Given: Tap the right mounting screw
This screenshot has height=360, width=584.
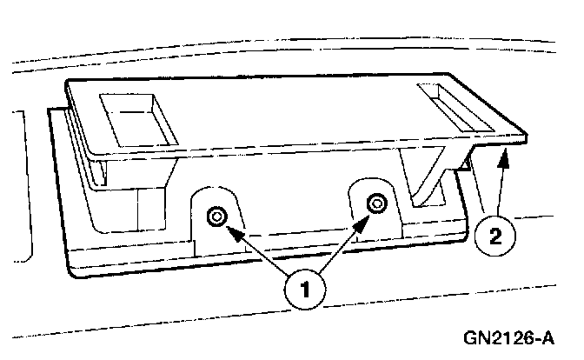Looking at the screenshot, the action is coord(375,203).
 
